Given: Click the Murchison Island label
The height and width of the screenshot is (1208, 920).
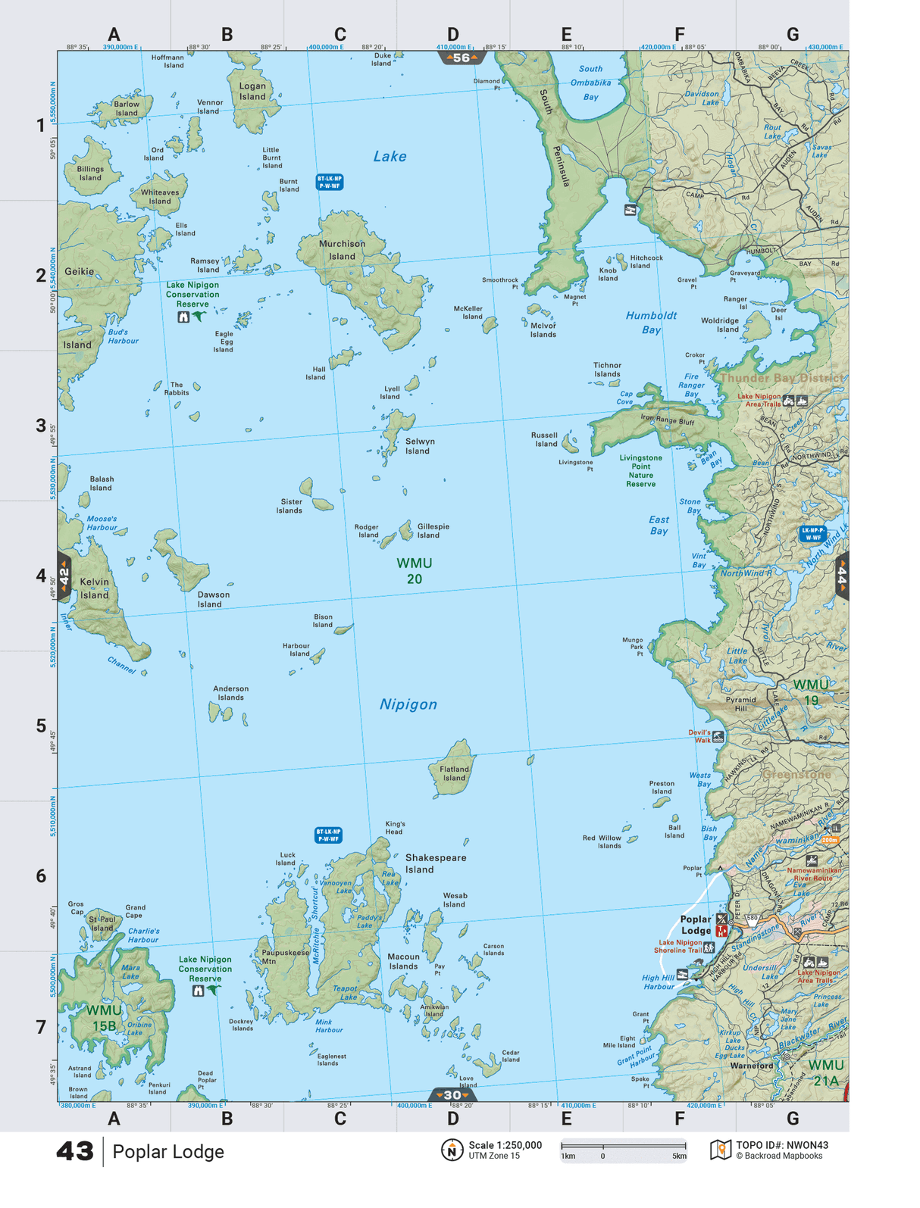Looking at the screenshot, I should (342, 250).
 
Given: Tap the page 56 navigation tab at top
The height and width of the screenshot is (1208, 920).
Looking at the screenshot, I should (461, 58).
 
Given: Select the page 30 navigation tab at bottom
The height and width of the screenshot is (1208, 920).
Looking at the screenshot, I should (452, 1095).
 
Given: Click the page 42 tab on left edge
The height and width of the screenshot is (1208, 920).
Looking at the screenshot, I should (64, 577).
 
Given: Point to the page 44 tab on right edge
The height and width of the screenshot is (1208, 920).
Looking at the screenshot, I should (841, 577).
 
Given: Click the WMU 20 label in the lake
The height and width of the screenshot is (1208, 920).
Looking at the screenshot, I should (415, 571).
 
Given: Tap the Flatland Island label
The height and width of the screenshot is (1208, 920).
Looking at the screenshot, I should (454, 773).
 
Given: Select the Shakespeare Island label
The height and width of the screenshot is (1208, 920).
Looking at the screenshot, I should (435, 863).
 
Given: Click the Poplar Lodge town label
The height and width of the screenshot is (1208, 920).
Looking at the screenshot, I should (696, 925).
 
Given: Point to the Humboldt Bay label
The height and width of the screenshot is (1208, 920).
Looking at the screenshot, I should (651, 322).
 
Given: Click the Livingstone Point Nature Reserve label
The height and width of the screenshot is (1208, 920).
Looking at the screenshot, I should (640, 470).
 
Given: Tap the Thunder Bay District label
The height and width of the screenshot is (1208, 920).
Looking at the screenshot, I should (781, 378).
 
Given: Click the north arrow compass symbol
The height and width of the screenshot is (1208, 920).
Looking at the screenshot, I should (452, 1150).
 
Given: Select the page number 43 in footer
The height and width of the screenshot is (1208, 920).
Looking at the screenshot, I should (74, 1152).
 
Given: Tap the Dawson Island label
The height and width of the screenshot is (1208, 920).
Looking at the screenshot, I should (213, 599).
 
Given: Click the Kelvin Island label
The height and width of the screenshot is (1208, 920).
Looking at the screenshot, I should (95, 588).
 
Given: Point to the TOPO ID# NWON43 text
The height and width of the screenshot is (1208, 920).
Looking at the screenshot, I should (781, 1145).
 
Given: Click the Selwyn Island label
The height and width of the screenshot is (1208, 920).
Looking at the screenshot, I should (419, 446).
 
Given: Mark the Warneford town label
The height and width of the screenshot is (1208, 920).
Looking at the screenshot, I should (751, 1066).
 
